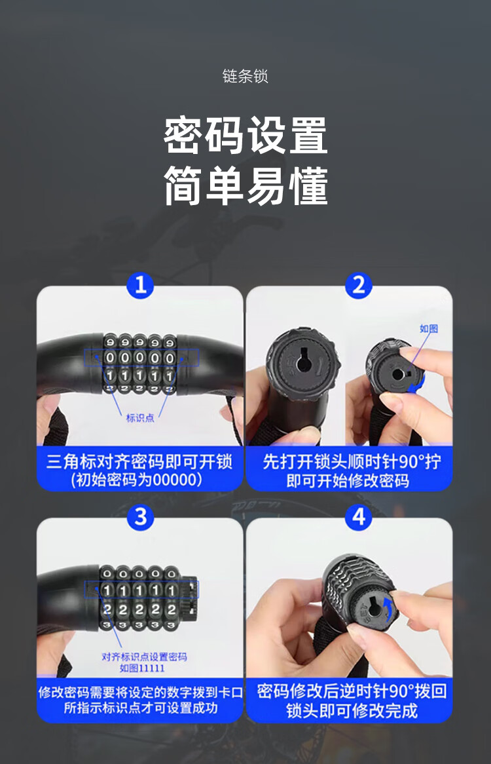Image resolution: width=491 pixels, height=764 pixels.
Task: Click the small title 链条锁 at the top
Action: pos(245,76)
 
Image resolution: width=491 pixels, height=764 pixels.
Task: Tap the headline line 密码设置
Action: pos(245,136)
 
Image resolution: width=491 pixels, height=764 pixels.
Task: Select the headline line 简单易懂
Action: pos(245,185)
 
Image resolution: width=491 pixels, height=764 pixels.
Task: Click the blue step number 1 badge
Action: pos(140,285)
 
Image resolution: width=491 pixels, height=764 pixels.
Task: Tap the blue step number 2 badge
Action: pos(359,285)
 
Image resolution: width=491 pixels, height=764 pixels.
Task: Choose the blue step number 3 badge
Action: pos(140,517)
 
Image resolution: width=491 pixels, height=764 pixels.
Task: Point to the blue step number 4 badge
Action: pos(359,517)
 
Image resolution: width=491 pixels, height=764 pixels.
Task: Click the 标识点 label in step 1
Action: pos(140,417)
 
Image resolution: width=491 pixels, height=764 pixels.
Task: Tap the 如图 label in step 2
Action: pos(429,328)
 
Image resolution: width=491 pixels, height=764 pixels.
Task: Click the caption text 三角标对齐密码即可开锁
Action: pos(139,461)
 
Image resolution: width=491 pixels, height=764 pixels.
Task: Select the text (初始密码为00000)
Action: pos(136,480)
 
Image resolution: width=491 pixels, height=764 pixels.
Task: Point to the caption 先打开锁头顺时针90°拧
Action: pos(352,461)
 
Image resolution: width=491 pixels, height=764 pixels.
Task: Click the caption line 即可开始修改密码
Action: pos(348,481)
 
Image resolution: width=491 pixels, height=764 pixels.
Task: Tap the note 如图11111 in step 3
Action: pos(142,668)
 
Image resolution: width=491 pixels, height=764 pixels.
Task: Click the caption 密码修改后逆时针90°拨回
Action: pos(352,691)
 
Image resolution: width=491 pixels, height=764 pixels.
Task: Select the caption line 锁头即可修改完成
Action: pos(352,711)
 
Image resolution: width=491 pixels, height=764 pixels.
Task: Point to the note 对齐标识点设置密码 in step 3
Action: pos(144,657)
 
